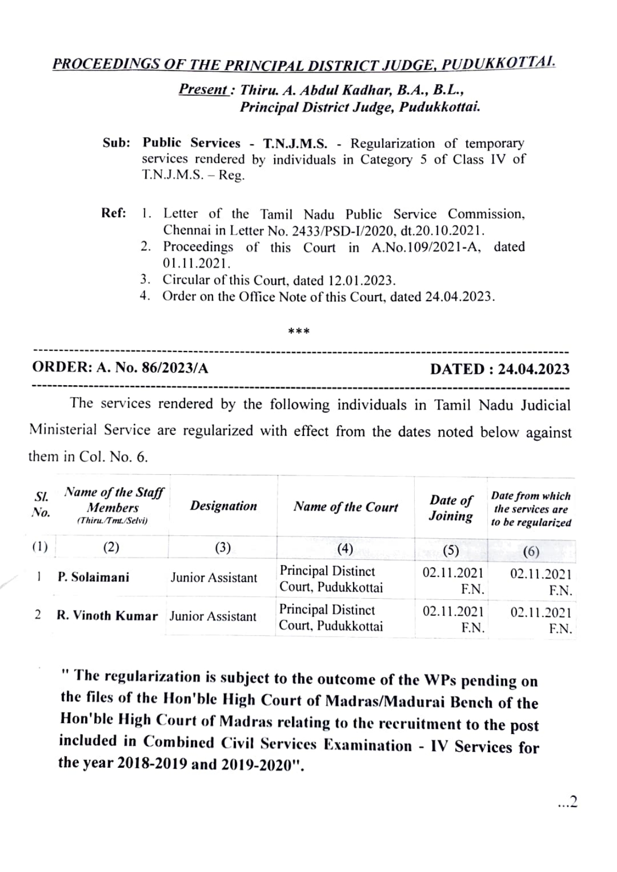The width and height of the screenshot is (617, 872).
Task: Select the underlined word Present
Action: (203, 90)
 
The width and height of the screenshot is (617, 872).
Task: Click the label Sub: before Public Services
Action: (116, 143)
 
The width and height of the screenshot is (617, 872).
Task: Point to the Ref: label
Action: (114, 213)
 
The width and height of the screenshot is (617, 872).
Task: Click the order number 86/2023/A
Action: (175, 368)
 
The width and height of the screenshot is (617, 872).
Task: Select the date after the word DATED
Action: (534, 369)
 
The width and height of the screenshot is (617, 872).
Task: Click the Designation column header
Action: (223, 506)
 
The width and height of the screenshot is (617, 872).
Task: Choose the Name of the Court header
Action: (345, 507)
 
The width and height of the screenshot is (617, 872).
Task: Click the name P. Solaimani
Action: (93, 577)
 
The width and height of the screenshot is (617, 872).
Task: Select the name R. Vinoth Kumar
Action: (107, 616)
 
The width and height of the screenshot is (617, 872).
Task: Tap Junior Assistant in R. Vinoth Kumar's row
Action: (213, 616)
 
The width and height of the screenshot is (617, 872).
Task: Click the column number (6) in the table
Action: (531, 551)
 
